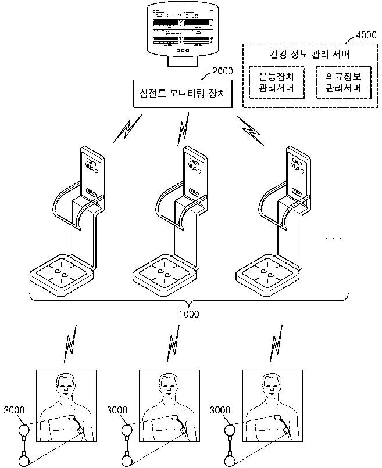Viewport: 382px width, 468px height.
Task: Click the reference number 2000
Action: click(x=222, y=71)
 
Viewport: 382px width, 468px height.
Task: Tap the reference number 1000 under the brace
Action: click(x=189, y=314)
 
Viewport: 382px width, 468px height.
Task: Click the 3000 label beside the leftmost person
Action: click(x=13, y=410)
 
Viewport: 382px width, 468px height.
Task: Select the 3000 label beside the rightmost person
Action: click(x=219, y=410)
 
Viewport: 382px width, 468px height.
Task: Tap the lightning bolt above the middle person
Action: click(x=172, y=347)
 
